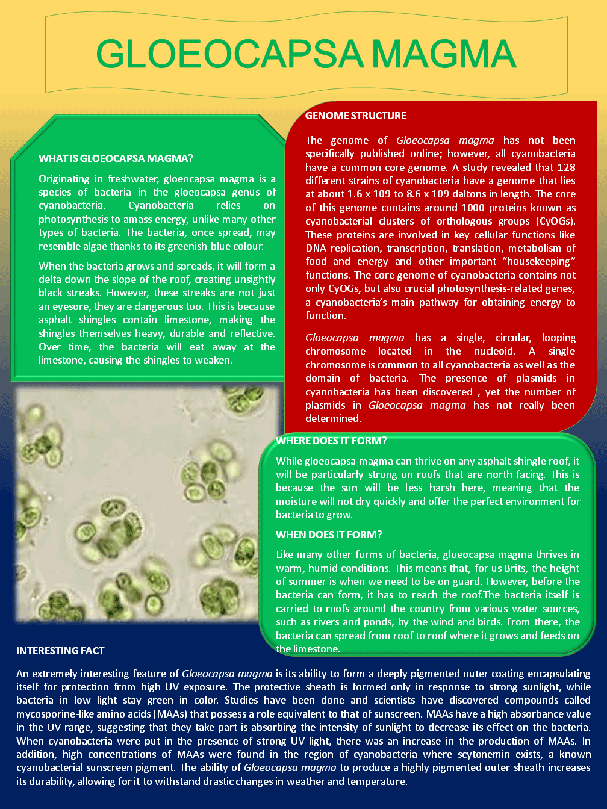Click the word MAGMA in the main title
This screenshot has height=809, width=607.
443,54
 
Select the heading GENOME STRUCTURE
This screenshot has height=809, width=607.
356,116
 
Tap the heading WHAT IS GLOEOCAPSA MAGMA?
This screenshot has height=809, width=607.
116,158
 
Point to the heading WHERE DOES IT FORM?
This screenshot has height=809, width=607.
331,441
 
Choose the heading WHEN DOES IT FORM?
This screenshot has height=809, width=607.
329,535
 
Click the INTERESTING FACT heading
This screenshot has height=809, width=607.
60,651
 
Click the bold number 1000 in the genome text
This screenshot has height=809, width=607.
473,208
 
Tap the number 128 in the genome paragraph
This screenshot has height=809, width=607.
566,167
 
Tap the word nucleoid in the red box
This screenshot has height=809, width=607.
494,351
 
